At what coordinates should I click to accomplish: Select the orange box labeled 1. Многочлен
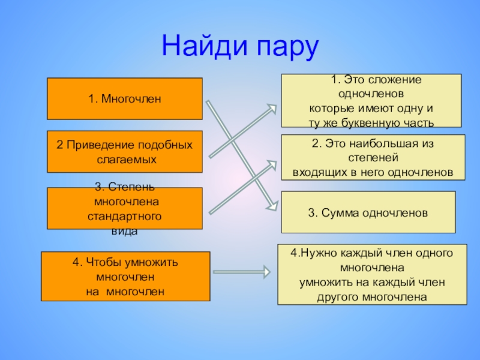(125, 98)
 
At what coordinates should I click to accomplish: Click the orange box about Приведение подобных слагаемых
(125, 152)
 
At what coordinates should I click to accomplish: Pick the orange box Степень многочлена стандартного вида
(125, 208)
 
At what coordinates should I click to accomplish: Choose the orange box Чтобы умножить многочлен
(125, 276)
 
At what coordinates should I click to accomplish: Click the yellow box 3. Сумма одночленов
(368, 212)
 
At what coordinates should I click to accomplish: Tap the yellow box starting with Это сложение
(371, 100)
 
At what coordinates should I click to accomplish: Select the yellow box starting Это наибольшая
(373, 157)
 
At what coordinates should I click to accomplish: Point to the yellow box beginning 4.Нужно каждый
(372, 274)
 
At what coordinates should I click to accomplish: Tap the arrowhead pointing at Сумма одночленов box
(273, 205)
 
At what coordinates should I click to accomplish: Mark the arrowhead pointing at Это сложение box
(272, 108)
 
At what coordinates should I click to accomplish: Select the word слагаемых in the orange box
(126, 160)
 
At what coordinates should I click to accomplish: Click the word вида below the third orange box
(125, 231)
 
